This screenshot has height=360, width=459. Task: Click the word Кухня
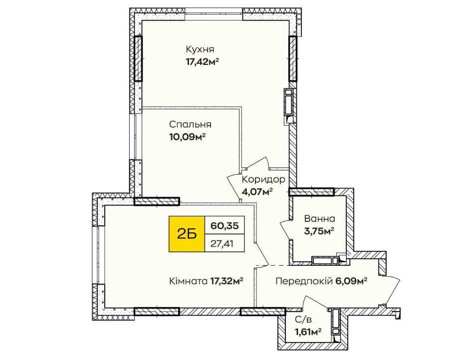coord(200,50)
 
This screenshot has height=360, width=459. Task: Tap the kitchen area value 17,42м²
coord(203,62)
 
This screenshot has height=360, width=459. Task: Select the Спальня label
coord(190,125)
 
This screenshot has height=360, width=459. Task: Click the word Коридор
coord(263,180)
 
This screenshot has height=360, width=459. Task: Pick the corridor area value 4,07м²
coord(257,191)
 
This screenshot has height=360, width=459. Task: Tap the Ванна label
coord(319,218)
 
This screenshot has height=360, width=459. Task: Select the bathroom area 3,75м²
coord(319,230)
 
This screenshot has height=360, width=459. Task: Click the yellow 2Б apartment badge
coord(186,234)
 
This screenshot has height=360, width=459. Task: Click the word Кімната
coord(187,281)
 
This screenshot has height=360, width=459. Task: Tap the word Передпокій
coord(304,281)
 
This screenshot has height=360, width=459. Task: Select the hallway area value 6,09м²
coord(352,281)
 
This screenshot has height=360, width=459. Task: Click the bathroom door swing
coord(286,228)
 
